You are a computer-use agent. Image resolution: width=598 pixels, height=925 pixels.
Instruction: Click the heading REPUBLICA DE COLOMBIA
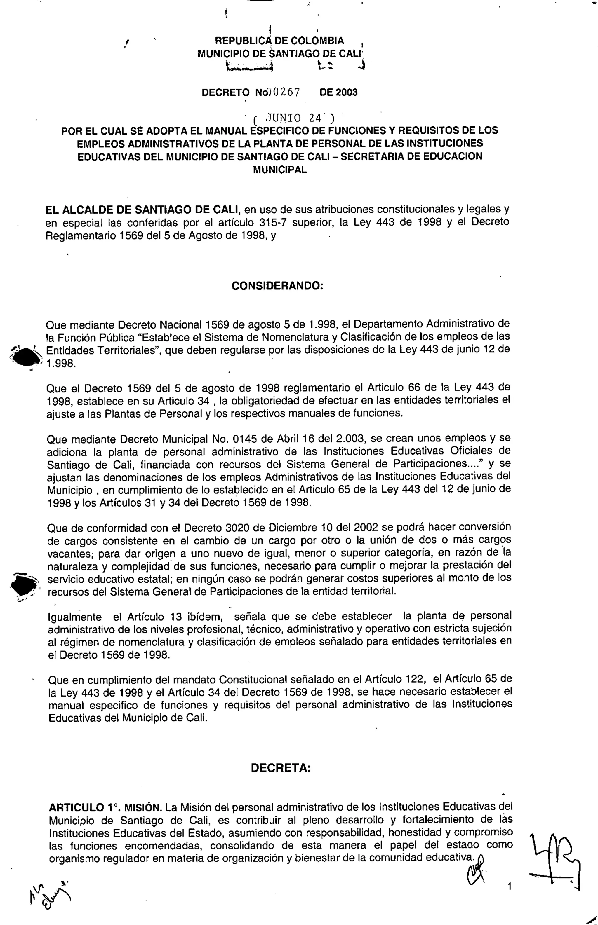pyautogui.click(x=279, y=41)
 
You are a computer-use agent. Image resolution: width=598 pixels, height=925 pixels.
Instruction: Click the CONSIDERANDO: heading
pyautogui.click(x=277, y=286)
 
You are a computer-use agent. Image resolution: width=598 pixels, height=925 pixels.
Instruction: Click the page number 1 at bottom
pyautogui.click(x=510, y=886)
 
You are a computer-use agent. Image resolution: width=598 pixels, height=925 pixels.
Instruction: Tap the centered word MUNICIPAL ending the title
pyautogui.click(x=280, y=170)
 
